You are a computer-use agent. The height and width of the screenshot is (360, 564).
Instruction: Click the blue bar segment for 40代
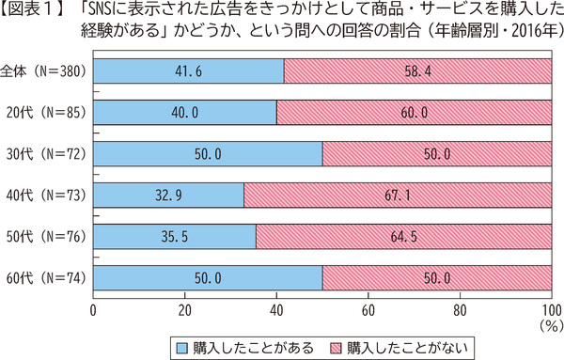point(169,196)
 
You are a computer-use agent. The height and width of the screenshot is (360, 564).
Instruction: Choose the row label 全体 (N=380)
point(44,71)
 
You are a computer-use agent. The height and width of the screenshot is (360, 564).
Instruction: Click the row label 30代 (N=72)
point(44,154)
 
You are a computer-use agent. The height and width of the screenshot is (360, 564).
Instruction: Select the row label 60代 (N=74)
point(44,278)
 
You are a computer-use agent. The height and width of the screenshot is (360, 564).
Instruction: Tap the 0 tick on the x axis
point(94,309)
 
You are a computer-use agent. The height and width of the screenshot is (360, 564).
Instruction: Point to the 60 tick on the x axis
point(368,309)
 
